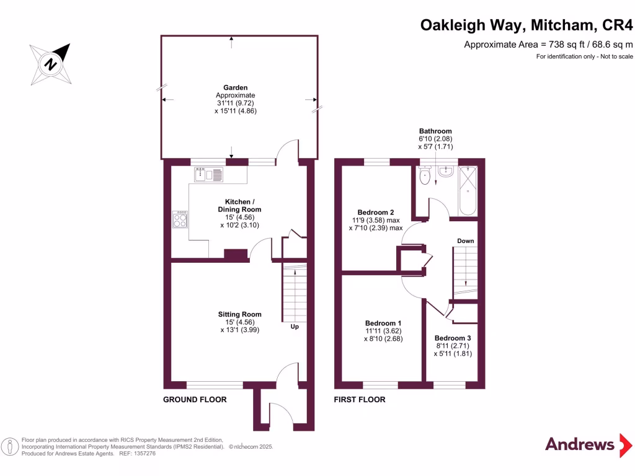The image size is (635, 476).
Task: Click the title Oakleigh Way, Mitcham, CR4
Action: coord(527,25)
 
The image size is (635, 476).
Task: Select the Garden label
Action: coord(236,88)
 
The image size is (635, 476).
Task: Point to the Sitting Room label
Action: coord(239,314)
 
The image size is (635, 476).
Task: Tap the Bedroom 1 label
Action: coord(383,324)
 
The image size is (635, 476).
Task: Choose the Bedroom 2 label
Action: coord(376,212)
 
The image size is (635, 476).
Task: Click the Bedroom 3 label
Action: coord(453,338)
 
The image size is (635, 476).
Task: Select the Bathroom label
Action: coord(435,131)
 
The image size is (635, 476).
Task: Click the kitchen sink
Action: coord(210,175)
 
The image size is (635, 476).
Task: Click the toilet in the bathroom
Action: coord(425,177)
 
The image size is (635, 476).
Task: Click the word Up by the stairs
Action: coord(295,326)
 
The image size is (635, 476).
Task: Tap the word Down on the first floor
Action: coord(466,240)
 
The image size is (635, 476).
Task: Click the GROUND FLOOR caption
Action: coord(195,400)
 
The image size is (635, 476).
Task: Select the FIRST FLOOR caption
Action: coord(360,400)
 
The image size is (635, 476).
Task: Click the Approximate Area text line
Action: coord(548,44)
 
